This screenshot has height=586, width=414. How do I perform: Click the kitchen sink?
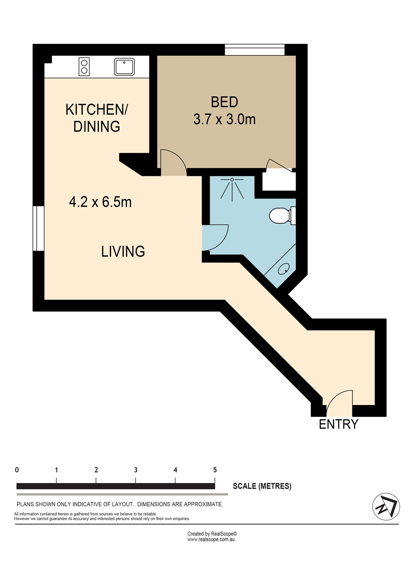[x=124, y=67]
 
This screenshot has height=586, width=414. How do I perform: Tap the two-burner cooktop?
[x=84, y=67]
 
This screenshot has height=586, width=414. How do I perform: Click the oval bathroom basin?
[x=284, y=268]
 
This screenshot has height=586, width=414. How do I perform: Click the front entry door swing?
[x=339, y=403]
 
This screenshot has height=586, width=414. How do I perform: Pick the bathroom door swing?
[x=216, y=238]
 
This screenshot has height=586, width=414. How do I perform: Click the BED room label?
[x=224, y=102]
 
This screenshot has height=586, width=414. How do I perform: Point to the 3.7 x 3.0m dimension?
[x=224, y=119]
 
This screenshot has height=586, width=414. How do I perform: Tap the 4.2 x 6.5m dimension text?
[x=100, y=202]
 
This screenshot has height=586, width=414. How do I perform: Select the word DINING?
[x=96, y=126]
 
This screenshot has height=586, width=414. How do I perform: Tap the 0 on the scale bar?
[x=17, y=470]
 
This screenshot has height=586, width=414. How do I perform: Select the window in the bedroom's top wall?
[x=255, y=50]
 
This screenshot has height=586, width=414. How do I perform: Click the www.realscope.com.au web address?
[x=211, y=540]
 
